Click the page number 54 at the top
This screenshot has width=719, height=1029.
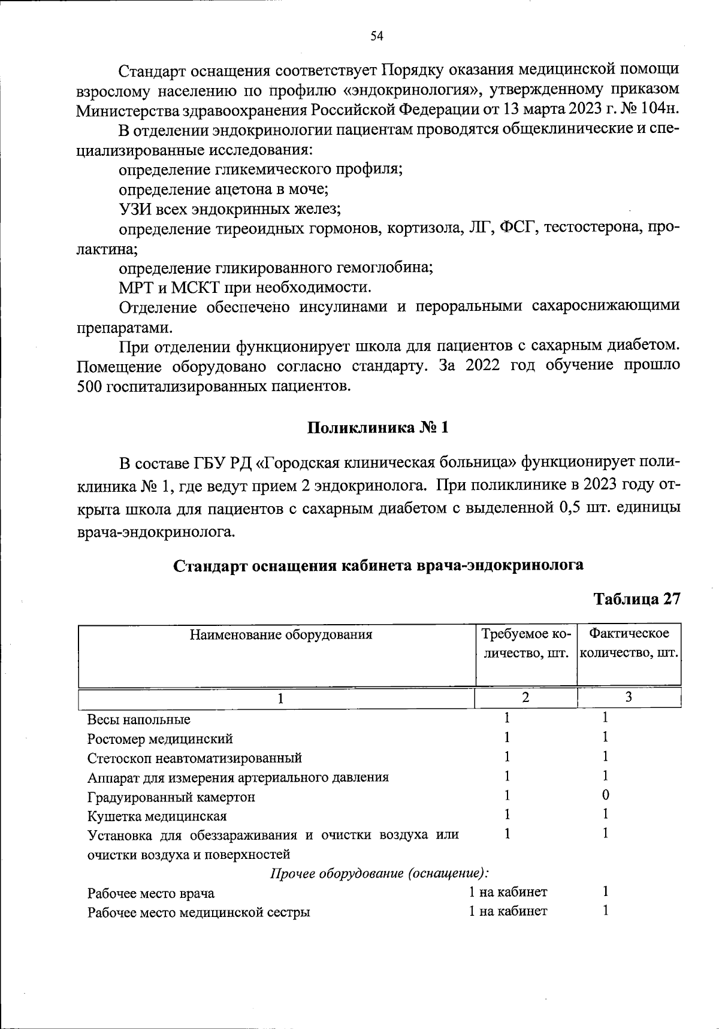[377, 37]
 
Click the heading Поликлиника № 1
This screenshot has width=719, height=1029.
[377, 428]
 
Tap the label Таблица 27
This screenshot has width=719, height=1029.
[636, 600]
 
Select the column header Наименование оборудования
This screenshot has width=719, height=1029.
[281, 634]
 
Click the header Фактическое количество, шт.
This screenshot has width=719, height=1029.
[629, 643]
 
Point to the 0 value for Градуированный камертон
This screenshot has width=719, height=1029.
[606, 795]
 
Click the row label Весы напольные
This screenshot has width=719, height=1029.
[139, 719]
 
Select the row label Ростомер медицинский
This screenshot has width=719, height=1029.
[160, 739]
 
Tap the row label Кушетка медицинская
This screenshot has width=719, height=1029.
[157, 816]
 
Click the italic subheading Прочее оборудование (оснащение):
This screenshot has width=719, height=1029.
[379, 873]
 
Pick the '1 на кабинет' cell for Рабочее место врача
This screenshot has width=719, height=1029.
[508, 892]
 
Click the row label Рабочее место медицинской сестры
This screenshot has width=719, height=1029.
[199, 913]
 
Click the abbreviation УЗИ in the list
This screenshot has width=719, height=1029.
[135, 209]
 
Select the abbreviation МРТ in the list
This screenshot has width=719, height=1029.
[136, 287]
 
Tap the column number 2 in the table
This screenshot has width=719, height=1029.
[525, 697]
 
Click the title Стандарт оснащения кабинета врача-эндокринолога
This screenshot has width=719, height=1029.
[378, 565]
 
